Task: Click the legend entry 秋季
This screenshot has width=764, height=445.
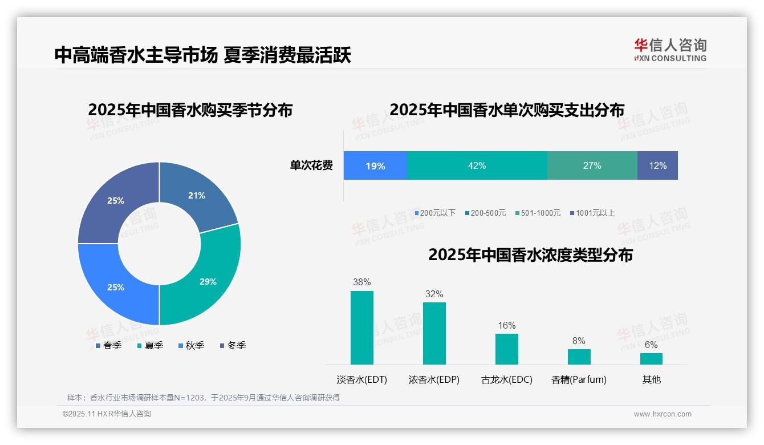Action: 191,345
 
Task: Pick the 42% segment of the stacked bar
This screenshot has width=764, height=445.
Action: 477,165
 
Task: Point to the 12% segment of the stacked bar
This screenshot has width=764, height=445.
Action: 657,165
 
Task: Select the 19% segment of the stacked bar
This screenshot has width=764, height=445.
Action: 375,165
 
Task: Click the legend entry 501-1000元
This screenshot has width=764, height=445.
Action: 538,213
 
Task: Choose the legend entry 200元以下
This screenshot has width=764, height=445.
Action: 435,213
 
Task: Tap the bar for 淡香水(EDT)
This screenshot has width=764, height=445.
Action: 362,327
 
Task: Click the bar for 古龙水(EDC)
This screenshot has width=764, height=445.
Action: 507,349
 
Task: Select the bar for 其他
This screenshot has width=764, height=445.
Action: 651,358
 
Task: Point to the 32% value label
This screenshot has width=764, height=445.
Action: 434,294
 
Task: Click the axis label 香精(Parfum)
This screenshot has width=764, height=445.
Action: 579,379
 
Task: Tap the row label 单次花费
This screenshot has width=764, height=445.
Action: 311,165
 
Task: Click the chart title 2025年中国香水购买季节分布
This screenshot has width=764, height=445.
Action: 190,110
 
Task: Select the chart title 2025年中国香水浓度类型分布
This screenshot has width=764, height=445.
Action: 530,254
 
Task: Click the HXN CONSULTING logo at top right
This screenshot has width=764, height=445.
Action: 670,50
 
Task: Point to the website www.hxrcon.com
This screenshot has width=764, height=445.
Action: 663,414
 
